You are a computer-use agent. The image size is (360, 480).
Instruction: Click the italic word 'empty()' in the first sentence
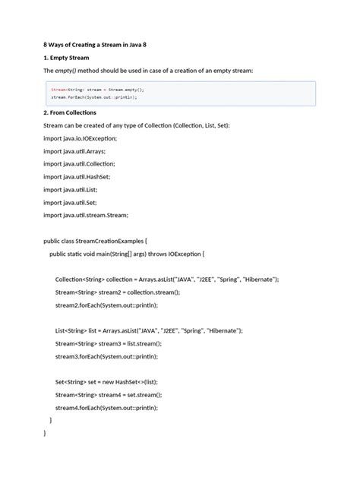point(69,70)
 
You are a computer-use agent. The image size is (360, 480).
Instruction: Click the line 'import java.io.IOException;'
point(81,138)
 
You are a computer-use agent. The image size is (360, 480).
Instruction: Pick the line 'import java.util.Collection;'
point(79,164)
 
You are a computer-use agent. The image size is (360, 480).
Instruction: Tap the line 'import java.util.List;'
point(71,190)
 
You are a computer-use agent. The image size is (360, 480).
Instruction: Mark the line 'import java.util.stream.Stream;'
point(86,216)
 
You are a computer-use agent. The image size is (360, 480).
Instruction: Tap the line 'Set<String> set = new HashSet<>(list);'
point(109,382)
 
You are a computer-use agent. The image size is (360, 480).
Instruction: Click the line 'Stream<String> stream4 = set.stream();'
point(109,395)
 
